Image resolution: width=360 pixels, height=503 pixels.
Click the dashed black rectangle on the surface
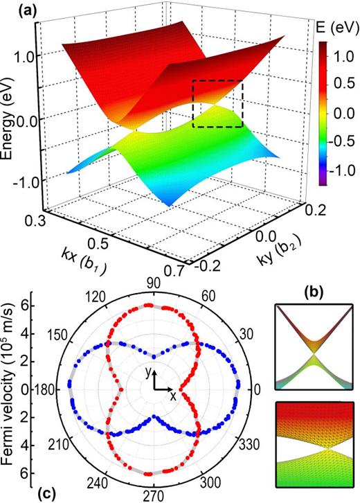(x=218, y=103)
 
